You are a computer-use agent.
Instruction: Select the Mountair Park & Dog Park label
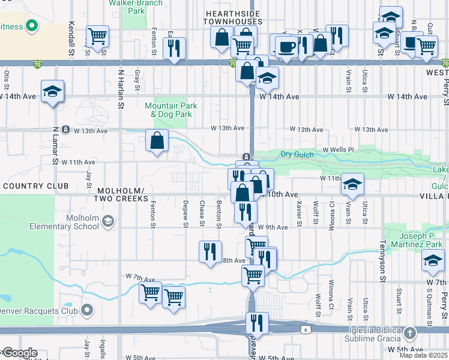click(171, 110)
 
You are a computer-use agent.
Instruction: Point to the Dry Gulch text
click(297, 154)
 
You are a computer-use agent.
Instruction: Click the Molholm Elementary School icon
click(107, 222)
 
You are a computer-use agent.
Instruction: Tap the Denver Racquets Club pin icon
click(87, 310)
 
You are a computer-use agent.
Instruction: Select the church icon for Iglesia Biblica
click(409, 332)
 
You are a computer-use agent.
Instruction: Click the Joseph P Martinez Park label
click(417, 240)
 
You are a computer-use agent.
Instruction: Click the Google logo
click(19, 353)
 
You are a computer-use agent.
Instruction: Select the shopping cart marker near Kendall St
click(97, 36)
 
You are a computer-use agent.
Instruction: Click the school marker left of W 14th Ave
click(53, 91)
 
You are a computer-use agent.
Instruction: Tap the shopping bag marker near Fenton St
click(157, 141)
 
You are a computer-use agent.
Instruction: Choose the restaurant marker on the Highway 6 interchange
click(257, 323)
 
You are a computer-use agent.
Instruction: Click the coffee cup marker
click(286, 47)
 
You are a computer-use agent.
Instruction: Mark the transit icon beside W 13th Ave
click(65, 130)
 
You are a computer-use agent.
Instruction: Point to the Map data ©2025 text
click(424, 355)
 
